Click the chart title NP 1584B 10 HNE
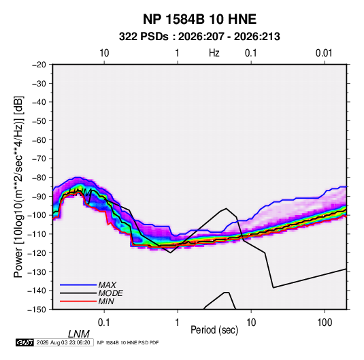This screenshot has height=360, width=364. point(199,19)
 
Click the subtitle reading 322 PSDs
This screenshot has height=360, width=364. point(144,37)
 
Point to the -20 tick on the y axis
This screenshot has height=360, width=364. point(39,65)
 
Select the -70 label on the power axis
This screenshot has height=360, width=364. point(39,159)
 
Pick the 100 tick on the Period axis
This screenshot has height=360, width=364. point(325,323)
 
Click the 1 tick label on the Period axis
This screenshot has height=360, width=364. point(178,323)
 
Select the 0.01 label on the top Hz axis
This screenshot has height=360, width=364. point(324,53)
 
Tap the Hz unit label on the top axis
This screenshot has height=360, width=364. point(214,53)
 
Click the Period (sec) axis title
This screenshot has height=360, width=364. point(214,330)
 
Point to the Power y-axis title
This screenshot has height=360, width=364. point(18,186)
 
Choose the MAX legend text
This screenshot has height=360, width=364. point(107,285)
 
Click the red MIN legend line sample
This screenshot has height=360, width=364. point(78,301)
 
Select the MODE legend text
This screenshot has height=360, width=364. point(110,293)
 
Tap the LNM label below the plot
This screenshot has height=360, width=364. point(79,334)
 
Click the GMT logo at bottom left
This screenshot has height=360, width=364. point(25,342)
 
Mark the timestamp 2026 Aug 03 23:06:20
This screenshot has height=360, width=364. point(63,342)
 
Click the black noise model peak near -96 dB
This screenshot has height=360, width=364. point(226,208)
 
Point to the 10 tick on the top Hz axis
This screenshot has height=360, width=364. point(104,53)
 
